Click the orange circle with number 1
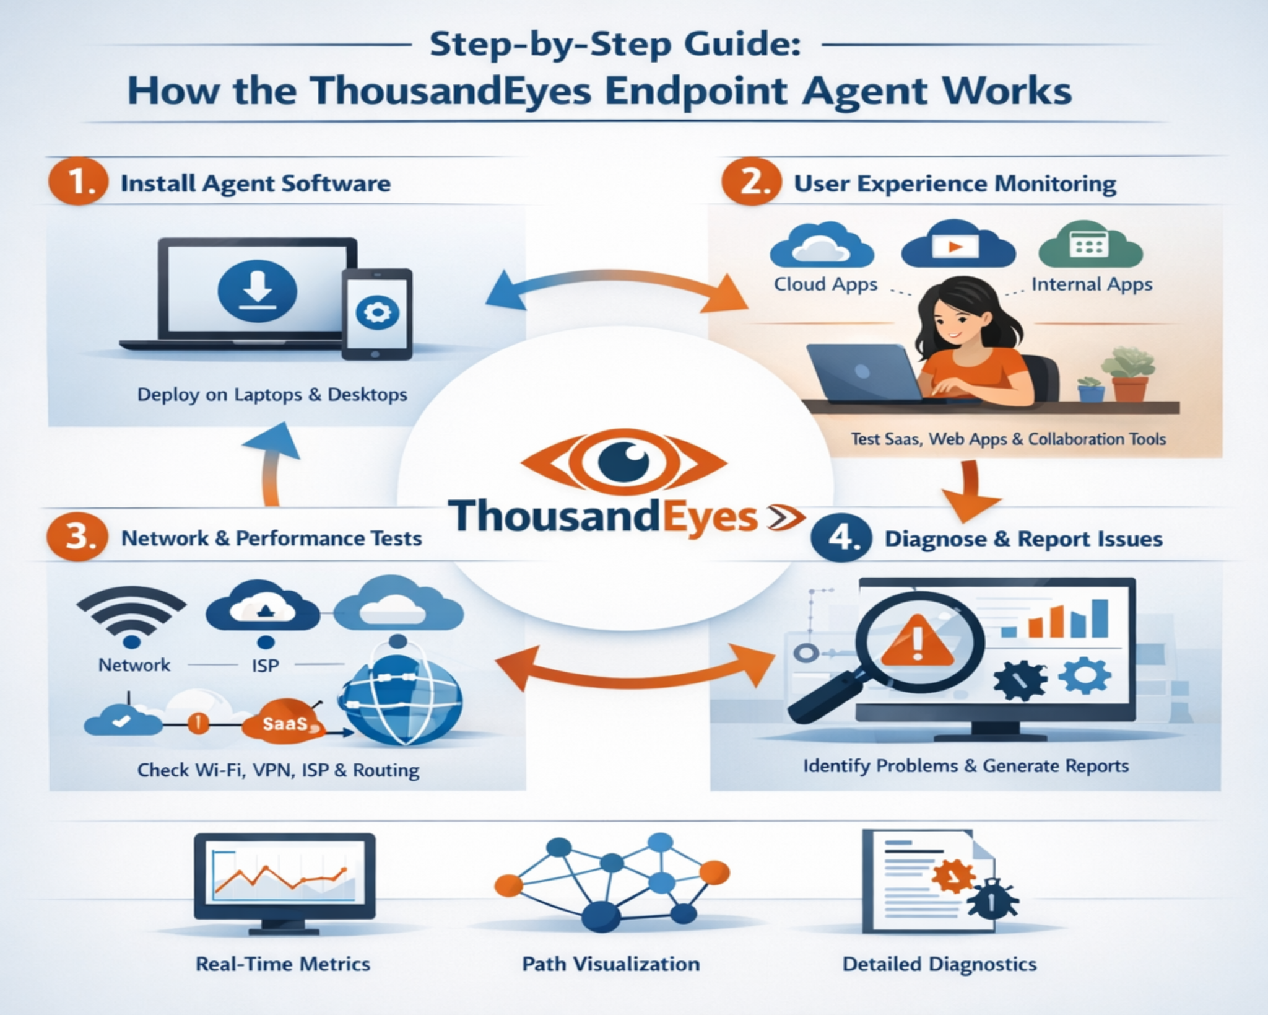pyautogui.click(x=78, y=182)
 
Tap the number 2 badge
pyautogui.click(x=751, y=182)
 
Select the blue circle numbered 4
pyautogui.click(x=841, y=537)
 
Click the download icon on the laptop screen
pyautogui.click(x=258, y=291)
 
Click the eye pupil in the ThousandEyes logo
pyautogui.click(x=624, y=462)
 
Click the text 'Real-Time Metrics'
pyautogui.click(x=283, y=964)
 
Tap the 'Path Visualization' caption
pyautogui.click(x=610, y=964)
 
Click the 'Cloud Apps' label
pyautogui.click(x=825, y=284)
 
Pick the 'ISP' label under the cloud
pyautogui.click(x=265, y=666)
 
